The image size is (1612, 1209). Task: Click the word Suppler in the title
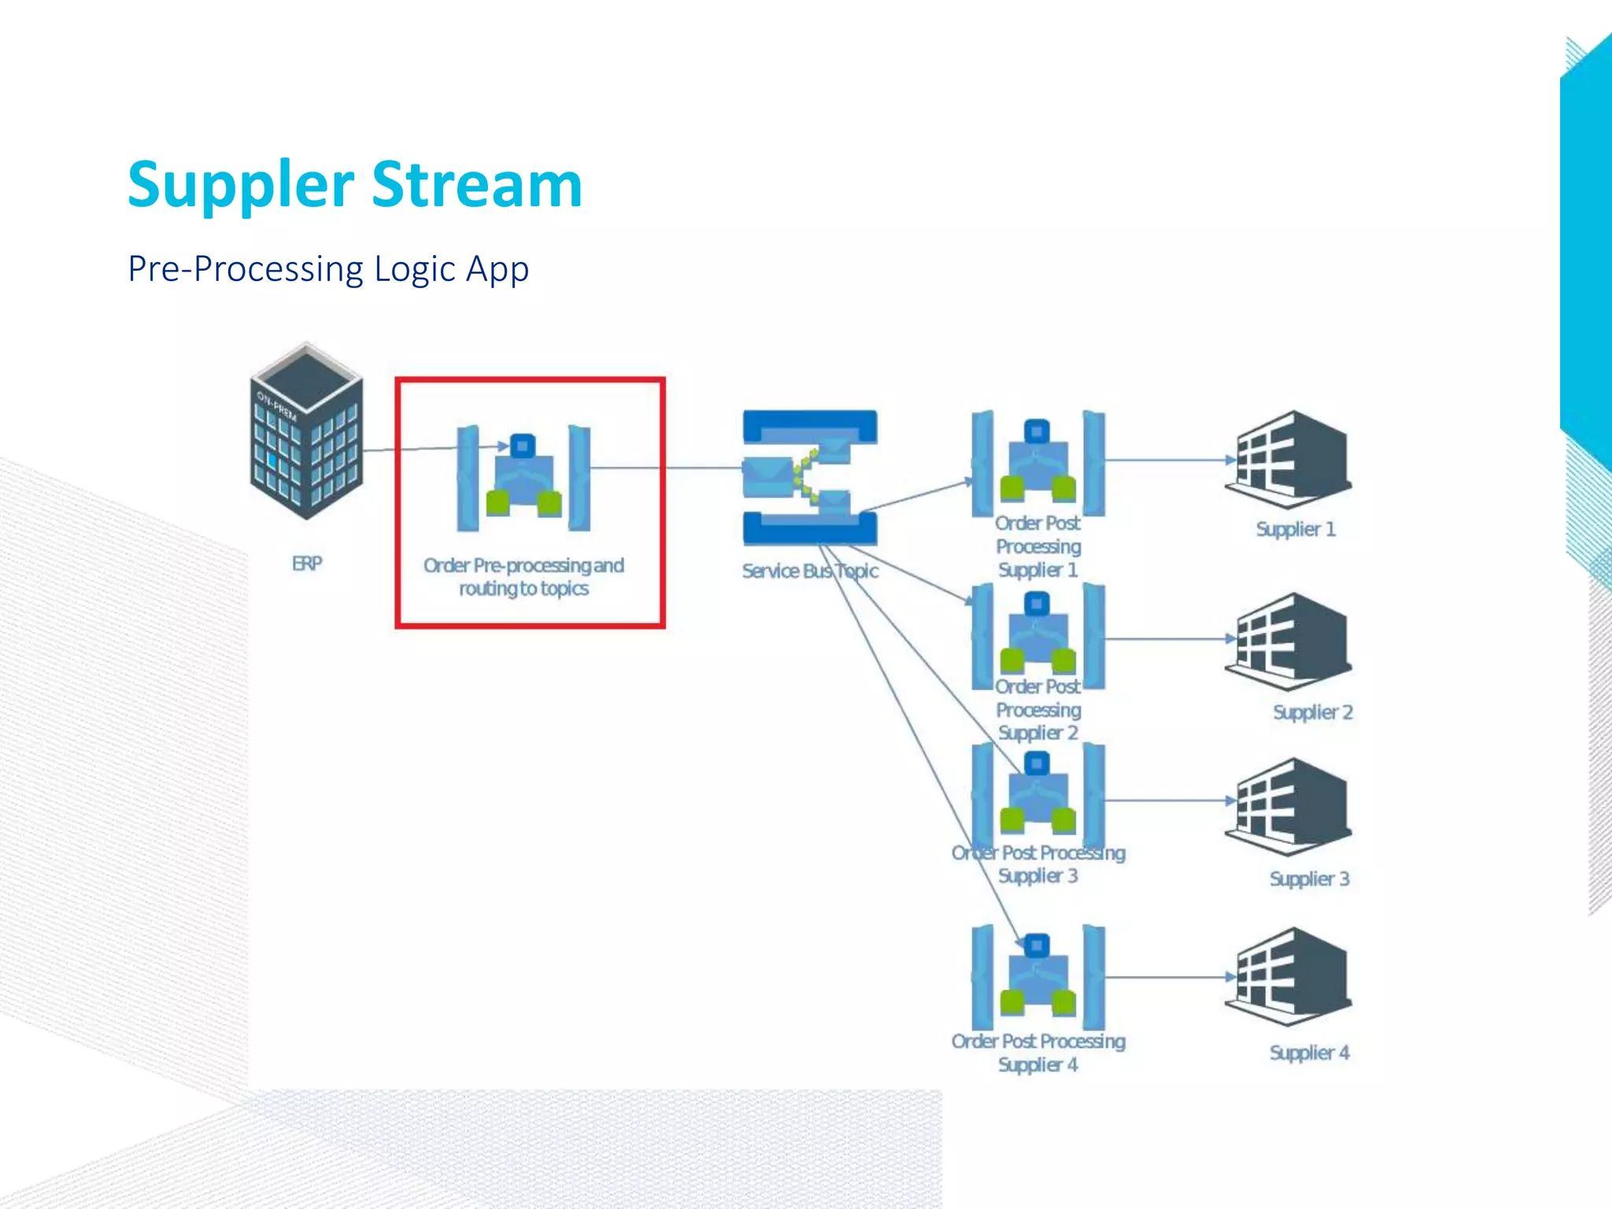(x=241, y=186)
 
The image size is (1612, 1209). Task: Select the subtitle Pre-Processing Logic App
(x=328, y=269)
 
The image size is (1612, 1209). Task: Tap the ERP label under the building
(x=307, y=564)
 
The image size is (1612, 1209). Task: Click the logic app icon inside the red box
(x=523, y=478)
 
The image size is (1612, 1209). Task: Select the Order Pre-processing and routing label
(x=523, y=577)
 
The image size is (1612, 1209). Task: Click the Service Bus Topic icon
(x=810, y=477)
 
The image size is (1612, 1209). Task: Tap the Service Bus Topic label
(x=810, y=571)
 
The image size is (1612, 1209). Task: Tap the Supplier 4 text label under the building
(x=1309, y=1053)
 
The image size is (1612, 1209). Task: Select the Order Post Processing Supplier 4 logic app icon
(x=1037, y=977)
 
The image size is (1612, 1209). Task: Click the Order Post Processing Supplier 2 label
(x=1038, y=710)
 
